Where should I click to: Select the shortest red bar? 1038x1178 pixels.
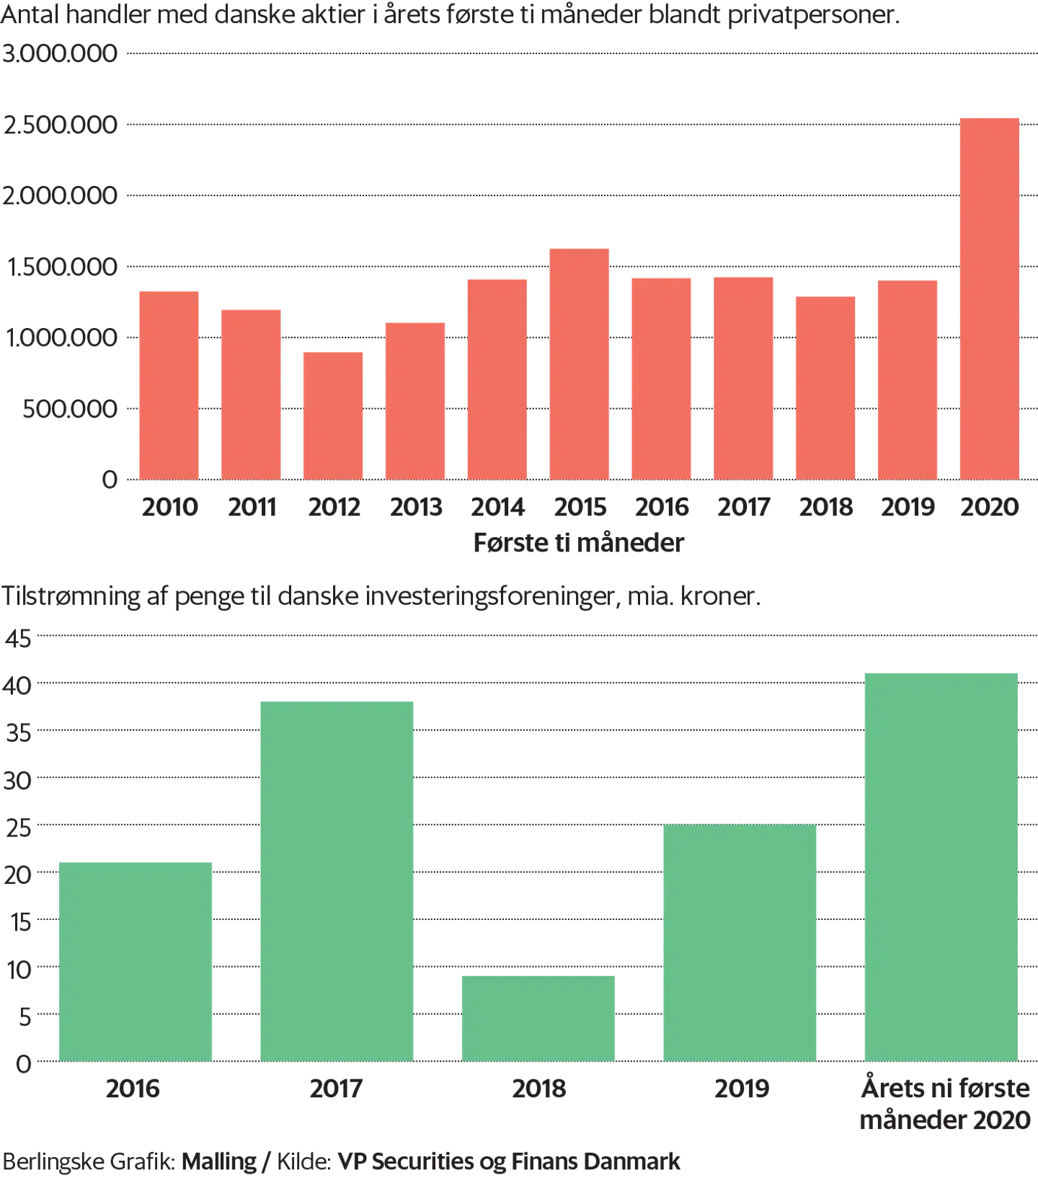[x=332, y=415]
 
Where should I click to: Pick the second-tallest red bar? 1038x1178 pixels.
[x=580, y=364]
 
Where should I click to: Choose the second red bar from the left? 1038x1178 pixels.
[x=251, y=394]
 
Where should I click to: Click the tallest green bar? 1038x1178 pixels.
[x=941, y=865]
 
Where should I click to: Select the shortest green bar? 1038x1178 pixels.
[x=539, y=1017]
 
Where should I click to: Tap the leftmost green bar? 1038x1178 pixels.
[x=136, y=960]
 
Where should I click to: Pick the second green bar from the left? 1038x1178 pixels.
[x=337, y=880]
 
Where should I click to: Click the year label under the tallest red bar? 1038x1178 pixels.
[x=988, y=508]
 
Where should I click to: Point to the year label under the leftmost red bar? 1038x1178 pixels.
[x=169, y=508]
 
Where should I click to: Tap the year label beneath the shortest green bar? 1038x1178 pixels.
[x=539, y=1091]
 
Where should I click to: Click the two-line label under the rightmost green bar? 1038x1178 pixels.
[x=944, y=1104]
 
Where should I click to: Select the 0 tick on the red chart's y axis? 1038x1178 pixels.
[x=110, y=479]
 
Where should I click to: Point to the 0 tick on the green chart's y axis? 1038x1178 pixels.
[x=26, y=1062]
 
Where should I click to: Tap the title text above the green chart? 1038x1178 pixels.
[x=382, y=596]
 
